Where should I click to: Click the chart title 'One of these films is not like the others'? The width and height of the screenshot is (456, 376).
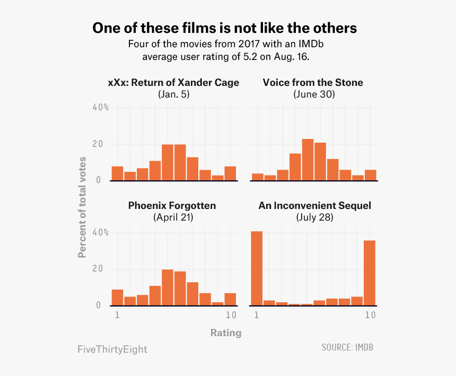point(224,28)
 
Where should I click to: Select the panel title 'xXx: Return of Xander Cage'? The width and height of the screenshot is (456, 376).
point(173,82)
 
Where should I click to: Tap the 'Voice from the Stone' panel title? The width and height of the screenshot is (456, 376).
point(313,82)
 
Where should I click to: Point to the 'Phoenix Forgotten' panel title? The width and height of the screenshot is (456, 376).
point(172,205)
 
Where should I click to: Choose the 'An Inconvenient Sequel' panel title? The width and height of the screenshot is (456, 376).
point(314,205)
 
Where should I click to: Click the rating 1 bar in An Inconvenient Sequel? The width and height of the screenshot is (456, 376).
point(257,268)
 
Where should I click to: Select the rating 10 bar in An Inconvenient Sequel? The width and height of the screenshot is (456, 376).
point(370,273)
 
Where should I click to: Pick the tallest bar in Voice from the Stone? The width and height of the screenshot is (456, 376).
point(308,160)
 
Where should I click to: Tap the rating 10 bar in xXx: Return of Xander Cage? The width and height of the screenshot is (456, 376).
point(230,173)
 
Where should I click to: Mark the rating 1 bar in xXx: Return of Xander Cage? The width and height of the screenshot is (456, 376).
point(117,173)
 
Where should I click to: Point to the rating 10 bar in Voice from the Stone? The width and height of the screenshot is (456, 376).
point(370,175)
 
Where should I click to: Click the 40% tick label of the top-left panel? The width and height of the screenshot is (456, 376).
point(100,108)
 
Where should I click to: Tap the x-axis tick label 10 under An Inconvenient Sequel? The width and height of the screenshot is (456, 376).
point(370,315)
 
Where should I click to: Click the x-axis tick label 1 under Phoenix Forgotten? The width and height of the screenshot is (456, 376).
point(117,315)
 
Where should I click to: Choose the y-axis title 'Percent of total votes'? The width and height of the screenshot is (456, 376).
point(82,207)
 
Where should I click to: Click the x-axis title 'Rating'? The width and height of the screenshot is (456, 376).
point(225,333)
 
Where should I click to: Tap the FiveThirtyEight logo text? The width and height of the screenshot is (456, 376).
point(112,349)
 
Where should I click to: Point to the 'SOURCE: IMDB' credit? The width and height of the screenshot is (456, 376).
point(350,347)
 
